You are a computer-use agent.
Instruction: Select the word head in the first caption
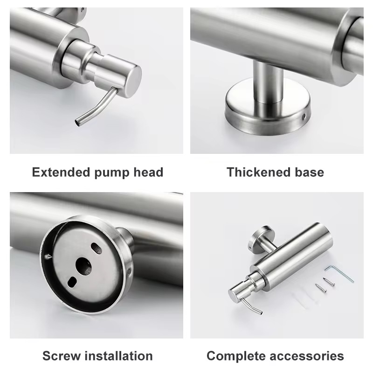click(148, 172)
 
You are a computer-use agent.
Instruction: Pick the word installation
click(119, 356)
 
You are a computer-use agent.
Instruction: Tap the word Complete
click(235, 356)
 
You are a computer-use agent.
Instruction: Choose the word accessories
click(306, 356)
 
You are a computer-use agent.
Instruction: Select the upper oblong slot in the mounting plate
click(95, 246)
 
